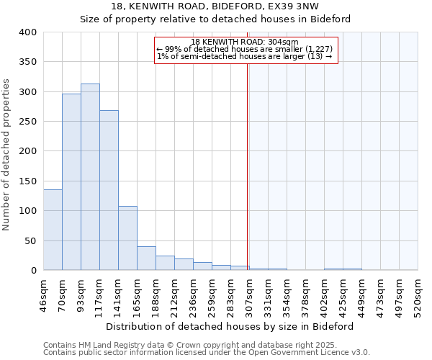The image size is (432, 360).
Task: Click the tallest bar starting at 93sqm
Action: pyautogui.click(x=90, y=177)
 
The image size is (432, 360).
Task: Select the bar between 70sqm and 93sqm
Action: pyautogui.click(x=71, y=182)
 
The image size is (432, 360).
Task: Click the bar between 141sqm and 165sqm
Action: pyautogui.click(x=127, y=238)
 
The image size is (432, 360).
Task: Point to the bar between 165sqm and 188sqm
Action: pyautogui.click(x=146, y=258)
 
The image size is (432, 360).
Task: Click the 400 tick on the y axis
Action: pyautogui.click(x=27, y=32)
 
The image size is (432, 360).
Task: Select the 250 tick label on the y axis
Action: pyautogui.click(x=27, y=122)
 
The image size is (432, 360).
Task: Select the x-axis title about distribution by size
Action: pyautogui.click(x=230, y=326)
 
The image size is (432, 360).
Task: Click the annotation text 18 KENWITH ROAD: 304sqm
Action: pyautogui.click(x=245, y=42)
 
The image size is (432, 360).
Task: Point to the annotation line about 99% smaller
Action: pyautogui.click(x=245, y=49)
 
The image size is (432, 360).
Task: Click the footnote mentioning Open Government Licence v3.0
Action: pyautogui.click(x=207, y=352)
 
